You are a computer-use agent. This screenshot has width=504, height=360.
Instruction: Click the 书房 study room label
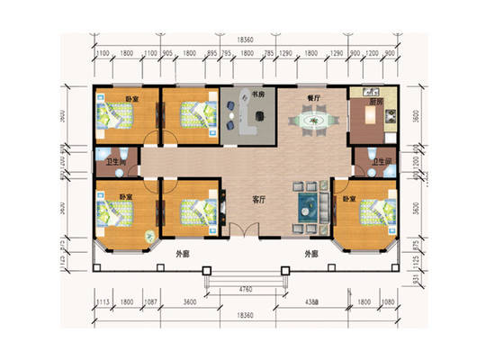(x=257, y=93)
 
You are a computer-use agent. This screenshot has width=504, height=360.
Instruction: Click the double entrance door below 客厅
(x=242, y=230)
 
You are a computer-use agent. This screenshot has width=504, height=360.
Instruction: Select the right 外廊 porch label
(x=312, y=254)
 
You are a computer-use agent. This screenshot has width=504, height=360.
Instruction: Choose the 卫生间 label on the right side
(x=382, y=161)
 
